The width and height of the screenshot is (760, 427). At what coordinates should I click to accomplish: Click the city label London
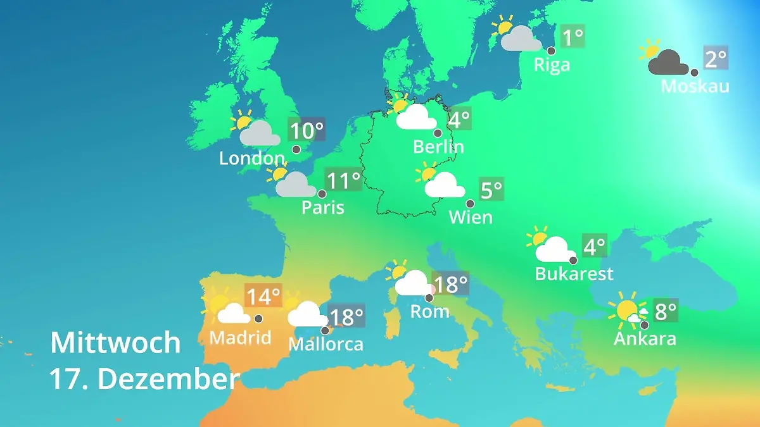click(x=251, y=158)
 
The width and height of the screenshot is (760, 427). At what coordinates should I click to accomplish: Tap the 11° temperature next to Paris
click(x=343, y=181)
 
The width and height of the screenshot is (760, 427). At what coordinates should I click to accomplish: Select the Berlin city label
click(x=438, y=147)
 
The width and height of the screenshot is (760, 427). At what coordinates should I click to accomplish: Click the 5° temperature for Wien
click(x=491, y=190)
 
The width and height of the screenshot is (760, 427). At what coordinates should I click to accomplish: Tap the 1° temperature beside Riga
click(x=573, y=37)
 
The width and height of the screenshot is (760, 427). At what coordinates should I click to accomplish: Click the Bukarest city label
click(x=574, y=273)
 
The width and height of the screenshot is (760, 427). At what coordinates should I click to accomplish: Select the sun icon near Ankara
click(x=627, y=310)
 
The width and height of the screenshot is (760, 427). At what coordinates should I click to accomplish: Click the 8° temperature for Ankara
click(x=665, y=311)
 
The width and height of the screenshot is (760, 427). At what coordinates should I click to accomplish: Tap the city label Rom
click(x=429, y=311)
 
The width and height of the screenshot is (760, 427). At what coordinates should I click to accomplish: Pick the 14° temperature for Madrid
click(x=262, y=296)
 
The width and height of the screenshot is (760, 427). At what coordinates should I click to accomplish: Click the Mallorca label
click(x=326, y=344)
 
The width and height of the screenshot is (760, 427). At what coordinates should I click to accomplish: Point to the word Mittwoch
click(x=115, y=343)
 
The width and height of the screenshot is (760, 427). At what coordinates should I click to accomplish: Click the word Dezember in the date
click(x=168, y=379)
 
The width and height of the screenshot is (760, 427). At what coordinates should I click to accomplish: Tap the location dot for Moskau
click(x=694, y=72)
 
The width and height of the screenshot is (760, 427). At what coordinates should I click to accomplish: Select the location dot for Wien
click(x=470, y=204)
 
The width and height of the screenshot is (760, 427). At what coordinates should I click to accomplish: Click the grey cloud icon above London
click(x=259, y=133)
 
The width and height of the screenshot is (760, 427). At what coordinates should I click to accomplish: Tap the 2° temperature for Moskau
click(x=715, y=59)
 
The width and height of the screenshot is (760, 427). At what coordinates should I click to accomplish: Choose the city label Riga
click(x=552, y=65)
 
